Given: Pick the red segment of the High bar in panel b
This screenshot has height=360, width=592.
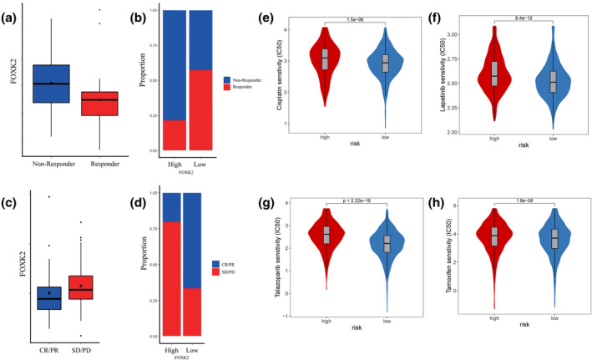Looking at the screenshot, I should click(174, 134).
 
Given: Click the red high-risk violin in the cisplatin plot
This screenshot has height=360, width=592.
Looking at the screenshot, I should click(325, 63).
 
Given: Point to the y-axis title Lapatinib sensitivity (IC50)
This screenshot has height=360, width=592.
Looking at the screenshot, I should click(458, 79).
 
